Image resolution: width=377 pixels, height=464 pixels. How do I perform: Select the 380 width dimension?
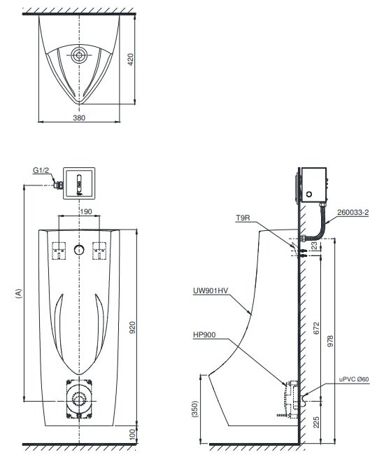tap(80, 118)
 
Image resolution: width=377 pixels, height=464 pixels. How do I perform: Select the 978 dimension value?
tap(341, 341)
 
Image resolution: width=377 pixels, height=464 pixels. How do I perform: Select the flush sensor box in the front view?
tap(80, 182)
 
